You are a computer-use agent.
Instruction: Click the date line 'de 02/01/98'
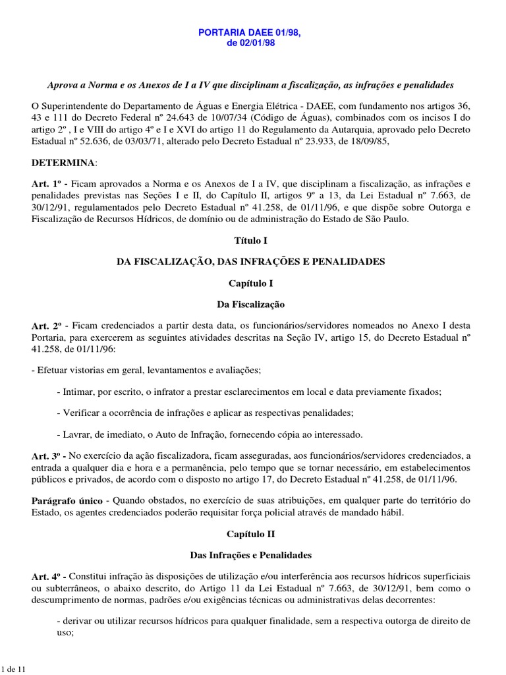pyautogui.click(x=253, y=44)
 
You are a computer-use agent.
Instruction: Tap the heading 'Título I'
pyautogui.click(x=253, y=241)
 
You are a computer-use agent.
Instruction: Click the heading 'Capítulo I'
pyautogui.click(x=253, y=283)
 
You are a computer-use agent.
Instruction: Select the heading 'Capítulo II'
pyautogui.click(x=253, y=533)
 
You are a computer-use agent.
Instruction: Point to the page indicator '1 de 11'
pyautogui.click(x=13, y=669)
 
